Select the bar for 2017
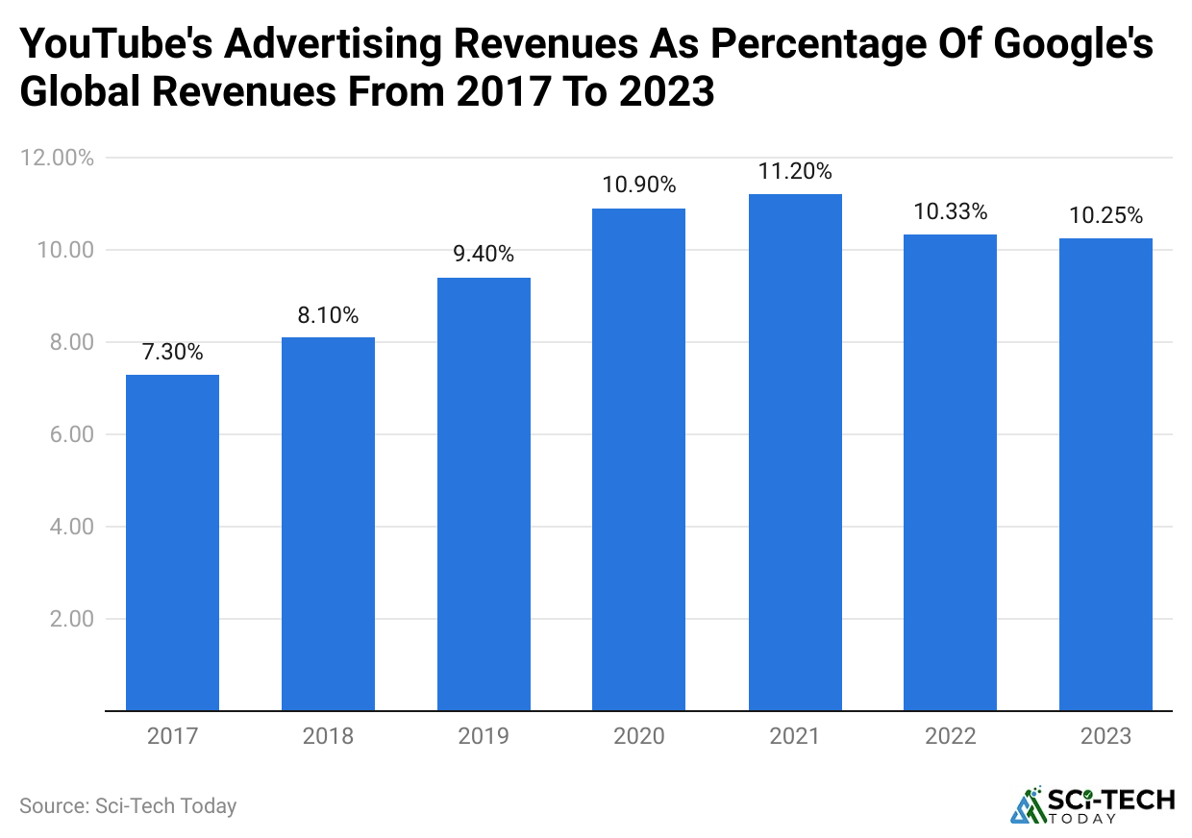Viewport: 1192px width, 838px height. tap(173, 543)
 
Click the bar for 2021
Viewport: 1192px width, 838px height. tap(795, 453)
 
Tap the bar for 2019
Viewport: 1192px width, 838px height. tap(484, 494)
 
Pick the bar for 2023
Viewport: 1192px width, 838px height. tap(1105, 475)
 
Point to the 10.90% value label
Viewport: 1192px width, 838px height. tap(639, 185)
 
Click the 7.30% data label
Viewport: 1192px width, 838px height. tap(173, 353)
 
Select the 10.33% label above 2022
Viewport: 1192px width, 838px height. tap(950, 211)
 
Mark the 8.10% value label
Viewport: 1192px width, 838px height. tap(328, 315)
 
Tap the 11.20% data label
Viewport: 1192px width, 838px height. tap(795, 172)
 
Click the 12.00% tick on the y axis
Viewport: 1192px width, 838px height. tap(58, 158)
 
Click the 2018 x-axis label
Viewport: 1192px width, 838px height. tap(328, 737)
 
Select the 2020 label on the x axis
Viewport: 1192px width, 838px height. tap(639, 737)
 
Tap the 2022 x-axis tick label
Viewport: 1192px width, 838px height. tap(950, 737)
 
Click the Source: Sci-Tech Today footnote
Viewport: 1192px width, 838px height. tap(128, 805)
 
